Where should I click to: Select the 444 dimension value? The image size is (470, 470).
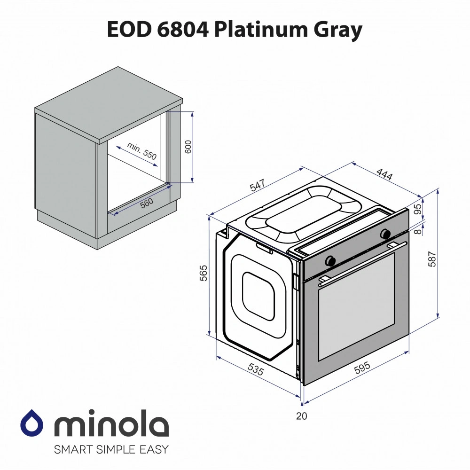tap(384, 174)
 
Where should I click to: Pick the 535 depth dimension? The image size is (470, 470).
tap(255, 370)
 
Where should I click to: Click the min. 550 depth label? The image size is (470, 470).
tap(141, 152)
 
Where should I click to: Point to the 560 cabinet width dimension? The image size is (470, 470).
tap(147, 203)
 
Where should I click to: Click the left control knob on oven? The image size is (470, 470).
tap(330, 259)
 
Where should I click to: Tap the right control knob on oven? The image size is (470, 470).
tap(386, 233)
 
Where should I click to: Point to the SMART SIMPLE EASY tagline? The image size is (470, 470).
tap(111, 449)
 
